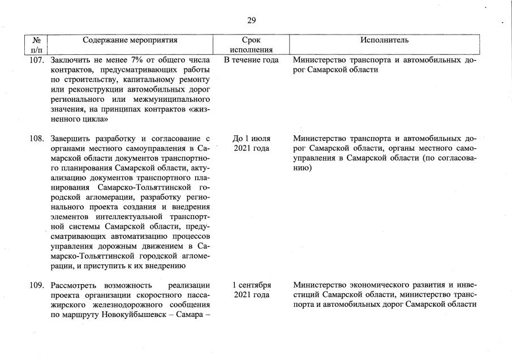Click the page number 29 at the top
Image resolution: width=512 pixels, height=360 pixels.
(252, 20)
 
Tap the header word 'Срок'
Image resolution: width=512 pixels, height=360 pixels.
(251, 40)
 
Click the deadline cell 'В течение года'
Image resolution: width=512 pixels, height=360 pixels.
(251, 59)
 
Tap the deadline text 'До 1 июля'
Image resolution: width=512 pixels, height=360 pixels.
(251, 138)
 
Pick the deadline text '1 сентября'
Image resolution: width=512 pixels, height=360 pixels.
(251, 285)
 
